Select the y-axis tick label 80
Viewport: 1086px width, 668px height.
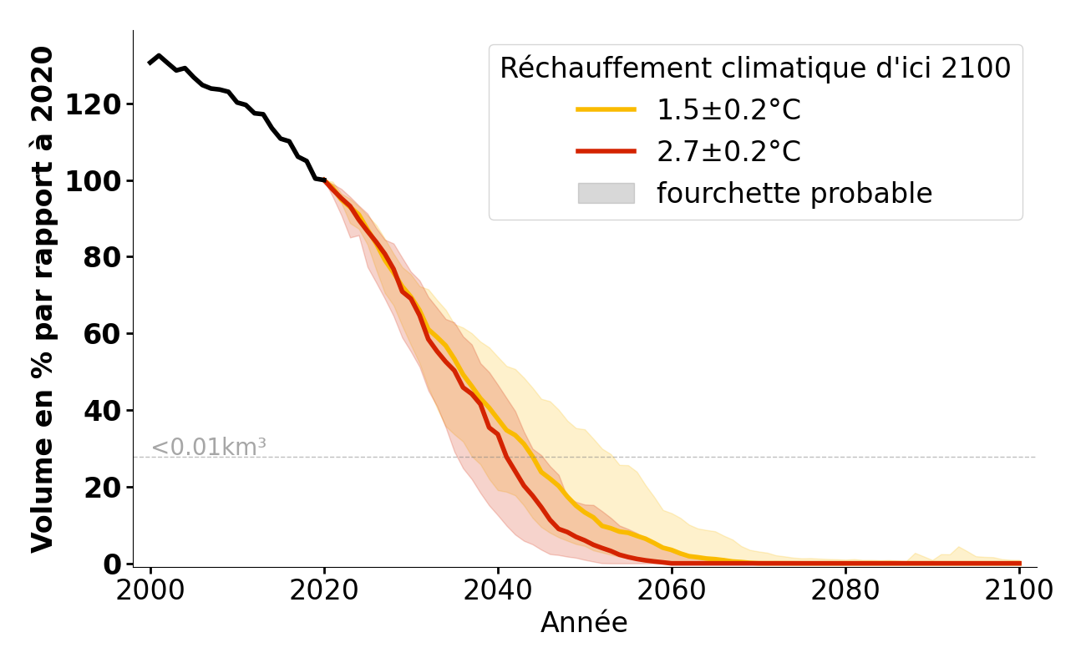tap(104, 258)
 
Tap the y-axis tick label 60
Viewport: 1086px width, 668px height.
tap(104, 335)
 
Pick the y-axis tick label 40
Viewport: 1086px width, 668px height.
tap(104, 412)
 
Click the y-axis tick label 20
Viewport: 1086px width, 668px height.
tap(104, 488)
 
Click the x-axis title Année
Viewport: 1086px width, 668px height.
tap(584, 623)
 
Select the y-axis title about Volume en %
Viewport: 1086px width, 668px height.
tap(43, 299)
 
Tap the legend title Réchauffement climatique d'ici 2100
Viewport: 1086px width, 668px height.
tap(755, 68)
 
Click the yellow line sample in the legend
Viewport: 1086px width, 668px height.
tap(606, 110)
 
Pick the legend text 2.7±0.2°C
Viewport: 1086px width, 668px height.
tap(728, 152)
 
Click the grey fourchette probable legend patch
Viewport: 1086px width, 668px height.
tap(606, 194)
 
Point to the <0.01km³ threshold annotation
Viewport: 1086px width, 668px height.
tap(209, 448)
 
